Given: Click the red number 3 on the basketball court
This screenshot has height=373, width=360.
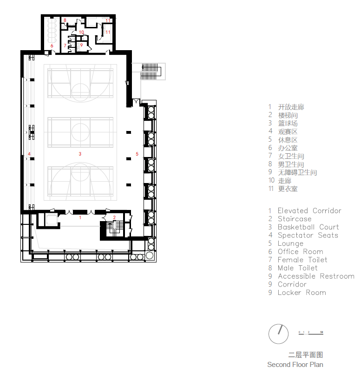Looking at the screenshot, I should (80, 153).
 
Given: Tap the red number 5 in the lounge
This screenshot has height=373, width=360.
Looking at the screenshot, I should (137, 153).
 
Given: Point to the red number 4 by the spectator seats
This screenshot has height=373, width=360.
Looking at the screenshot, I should (29, 154).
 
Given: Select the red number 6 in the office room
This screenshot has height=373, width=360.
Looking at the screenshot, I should (52, 46).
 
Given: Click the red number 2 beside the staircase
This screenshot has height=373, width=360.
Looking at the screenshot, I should (114, 217).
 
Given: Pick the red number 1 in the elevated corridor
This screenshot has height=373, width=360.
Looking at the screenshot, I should (80, 217).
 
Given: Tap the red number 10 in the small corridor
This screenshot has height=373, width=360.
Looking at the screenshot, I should (81, 32).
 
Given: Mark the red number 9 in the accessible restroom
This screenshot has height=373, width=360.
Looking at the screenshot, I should (81, 45).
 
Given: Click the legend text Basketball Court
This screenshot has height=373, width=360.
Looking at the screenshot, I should (308, 227).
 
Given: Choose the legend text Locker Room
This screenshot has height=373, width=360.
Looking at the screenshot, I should (302, 293).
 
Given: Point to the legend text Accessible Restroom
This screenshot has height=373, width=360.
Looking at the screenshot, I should (316, 276).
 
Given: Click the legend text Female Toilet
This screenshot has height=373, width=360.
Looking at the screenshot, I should (302, 260).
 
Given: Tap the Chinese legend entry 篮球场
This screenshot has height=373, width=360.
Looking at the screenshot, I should (288, 124).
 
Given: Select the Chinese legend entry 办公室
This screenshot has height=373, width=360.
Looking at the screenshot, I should (288, 148).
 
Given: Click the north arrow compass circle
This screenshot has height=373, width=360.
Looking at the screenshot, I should (278, 334).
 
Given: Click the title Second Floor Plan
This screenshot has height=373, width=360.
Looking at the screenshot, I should (295, 365).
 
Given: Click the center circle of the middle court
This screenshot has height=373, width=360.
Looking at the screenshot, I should (80, 132).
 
